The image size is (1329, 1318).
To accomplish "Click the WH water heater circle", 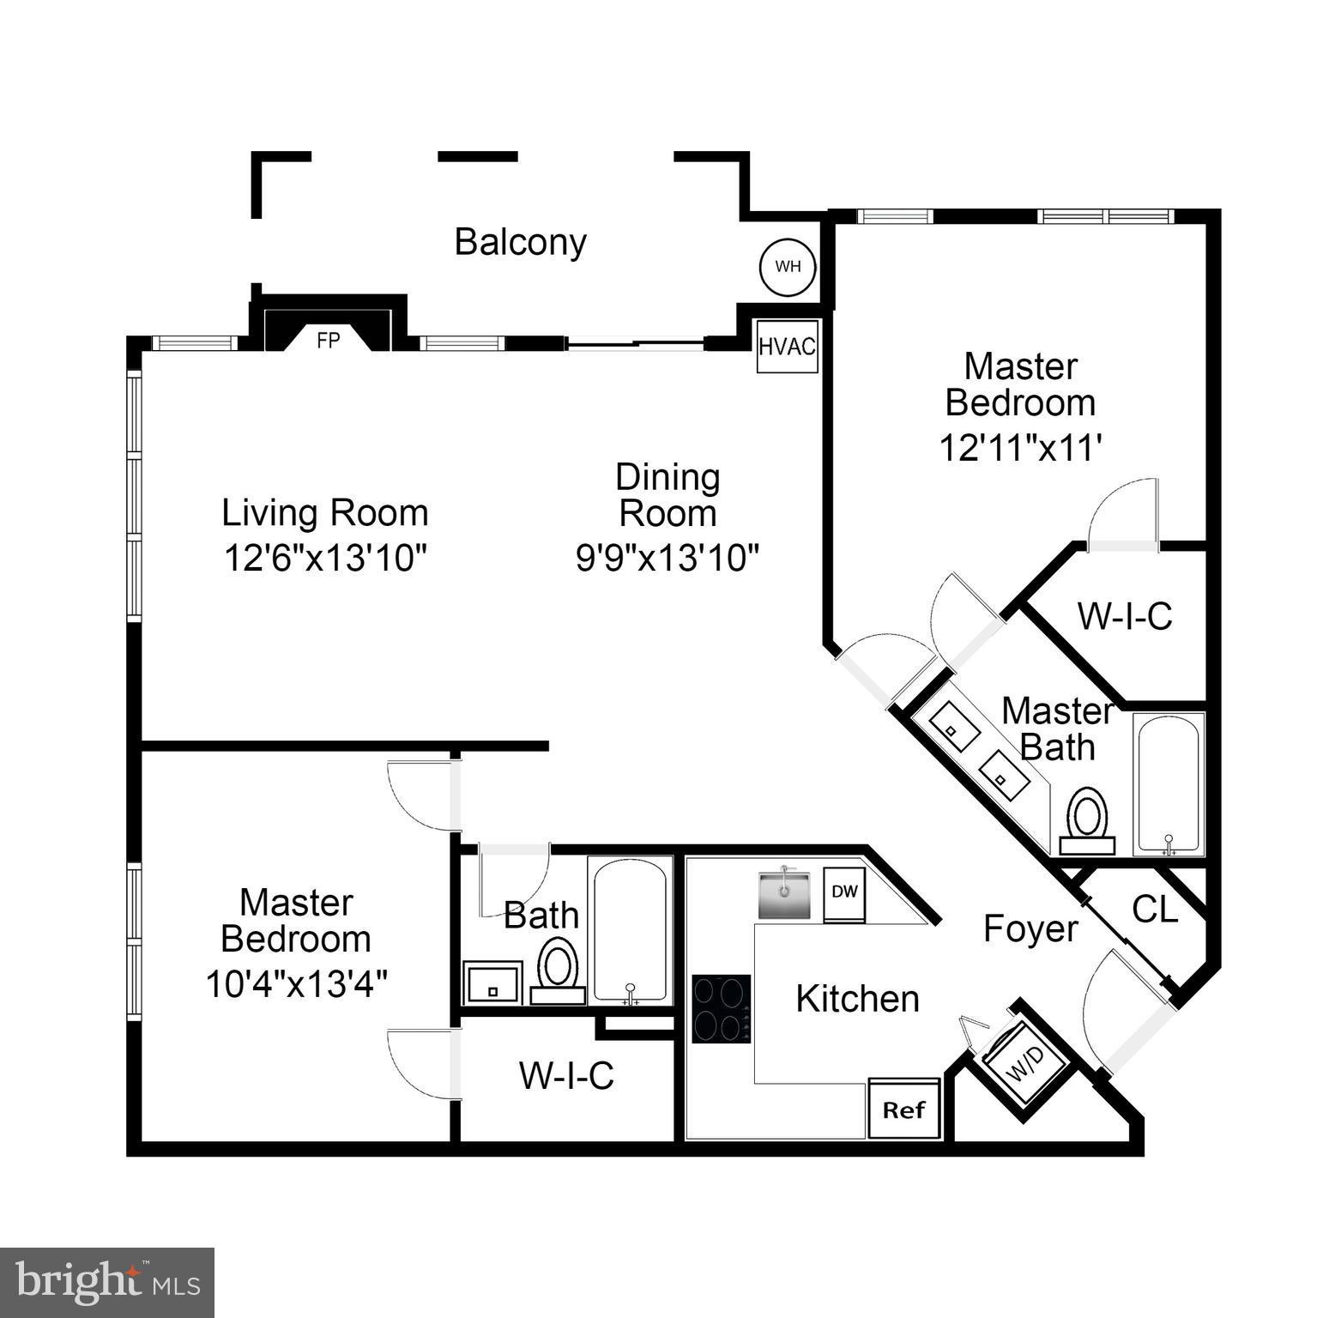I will coord(788,266).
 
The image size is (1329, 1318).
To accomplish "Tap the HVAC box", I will coord(787,347).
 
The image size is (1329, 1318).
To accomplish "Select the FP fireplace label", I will coord(328,341).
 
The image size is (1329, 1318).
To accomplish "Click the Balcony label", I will coord(520,242).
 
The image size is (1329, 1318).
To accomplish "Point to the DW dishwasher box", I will coord(844,892).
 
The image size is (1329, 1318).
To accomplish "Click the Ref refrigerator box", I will coord(904,1109).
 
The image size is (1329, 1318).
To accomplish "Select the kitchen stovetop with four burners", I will coord(722,1008).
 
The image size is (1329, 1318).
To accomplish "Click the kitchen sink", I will coord(784,895).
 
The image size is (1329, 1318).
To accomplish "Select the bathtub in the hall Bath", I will coord(631,929).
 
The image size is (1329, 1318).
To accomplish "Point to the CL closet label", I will coord(1155,910).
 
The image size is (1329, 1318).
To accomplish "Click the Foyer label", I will coord(1030,929).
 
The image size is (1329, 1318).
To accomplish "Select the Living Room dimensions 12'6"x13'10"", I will coord(325,558).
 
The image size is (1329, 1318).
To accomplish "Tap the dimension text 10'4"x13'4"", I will coord(296,983).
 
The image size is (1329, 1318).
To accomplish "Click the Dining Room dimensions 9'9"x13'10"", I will coord(668,558).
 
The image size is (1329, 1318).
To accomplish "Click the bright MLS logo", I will coord(106,1283).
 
